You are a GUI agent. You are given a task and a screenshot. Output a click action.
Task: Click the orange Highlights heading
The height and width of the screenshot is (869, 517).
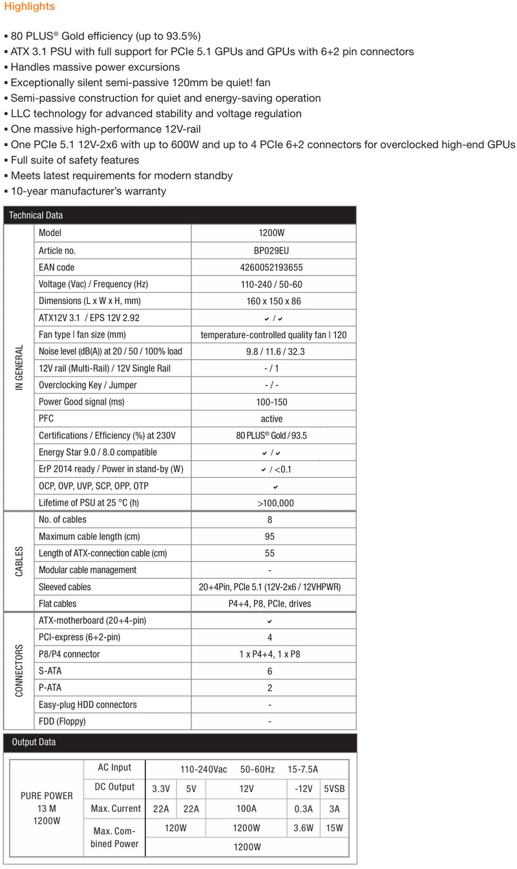[29, 6]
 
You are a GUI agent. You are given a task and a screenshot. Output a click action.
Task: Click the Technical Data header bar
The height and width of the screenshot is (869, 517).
[179, 215]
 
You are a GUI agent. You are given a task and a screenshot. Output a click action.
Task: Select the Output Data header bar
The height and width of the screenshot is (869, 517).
[179, 742]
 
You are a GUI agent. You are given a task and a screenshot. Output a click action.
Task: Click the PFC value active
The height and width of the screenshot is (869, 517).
[271, 418]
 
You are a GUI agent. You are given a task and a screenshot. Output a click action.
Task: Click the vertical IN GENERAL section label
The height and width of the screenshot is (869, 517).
[19, 367]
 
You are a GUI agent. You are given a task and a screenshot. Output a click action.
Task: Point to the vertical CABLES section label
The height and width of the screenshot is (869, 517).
[19, 561]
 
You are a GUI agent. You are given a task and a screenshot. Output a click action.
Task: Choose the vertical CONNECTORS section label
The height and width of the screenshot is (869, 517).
[19, 671]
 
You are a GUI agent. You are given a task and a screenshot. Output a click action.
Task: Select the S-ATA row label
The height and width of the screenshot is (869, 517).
[52, 671]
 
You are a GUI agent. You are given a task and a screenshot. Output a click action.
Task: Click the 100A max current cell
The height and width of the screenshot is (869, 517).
[246, 808]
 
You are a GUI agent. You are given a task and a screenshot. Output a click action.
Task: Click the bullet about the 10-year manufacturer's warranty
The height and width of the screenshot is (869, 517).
[87, 191]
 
